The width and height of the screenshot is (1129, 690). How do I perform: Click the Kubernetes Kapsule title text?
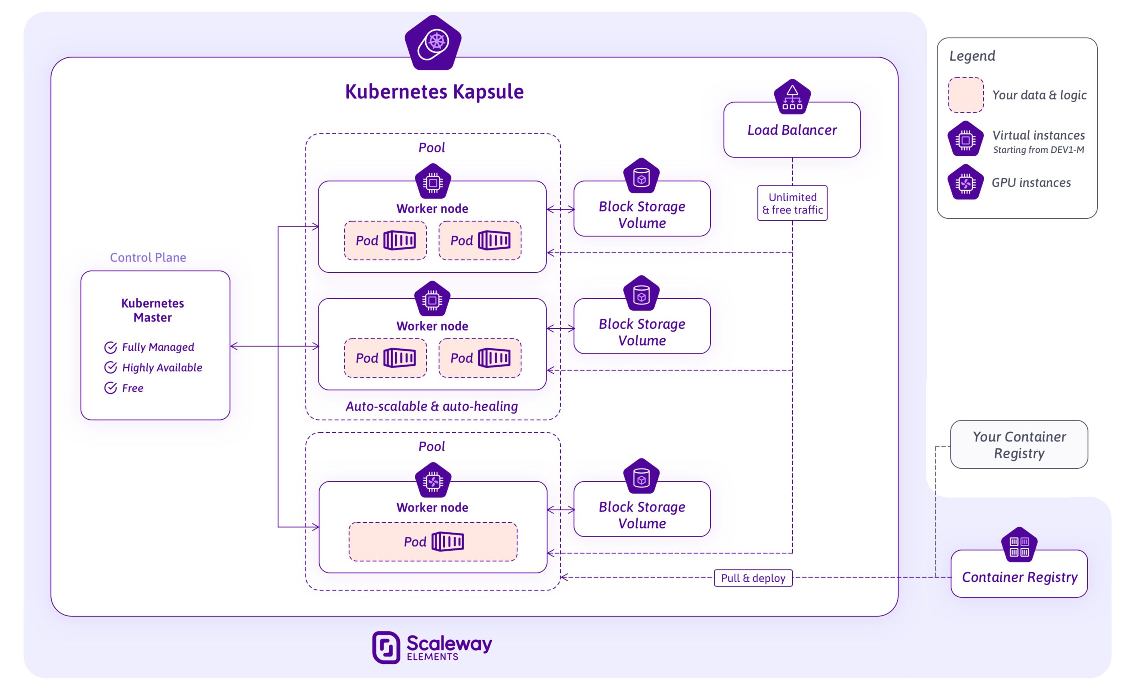(x=434, y=92)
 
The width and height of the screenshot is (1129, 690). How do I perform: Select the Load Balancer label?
(x=792, y=130)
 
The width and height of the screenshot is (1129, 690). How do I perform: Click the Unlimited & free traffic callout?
(x=792, y=203)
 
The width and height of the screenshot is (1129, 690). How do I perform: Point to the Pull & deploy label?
(x=753, y=578)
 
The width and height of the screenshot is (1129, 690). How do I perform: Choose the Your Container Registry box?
(x=1019, y=445)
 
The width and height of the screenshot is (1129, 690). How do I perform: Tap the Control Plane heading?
(x=148, y=257)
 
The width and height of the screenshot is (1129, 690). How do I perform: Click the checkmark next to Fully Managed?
(x=110, y=347)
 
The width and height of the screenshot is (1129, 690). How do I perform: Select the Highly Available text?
(x=162, y=367)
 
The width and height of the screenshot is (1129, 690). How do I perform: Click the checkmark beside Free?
(x=110, y=388)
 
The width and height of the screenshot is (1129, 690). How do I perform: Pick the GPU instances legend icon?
(x=965, y=183)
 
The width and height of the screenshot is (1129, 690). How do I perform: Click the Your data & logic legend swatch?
(x=965, y=95)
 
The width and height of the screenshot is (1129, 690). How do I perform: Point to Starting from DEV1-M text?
(x=1038, y=150)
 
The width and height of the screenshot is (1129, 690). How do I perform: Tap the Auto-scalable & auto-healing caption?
(x=432, y=407)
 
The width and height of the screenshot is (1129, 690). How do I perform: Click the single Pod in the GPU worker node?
(x=433, y=542)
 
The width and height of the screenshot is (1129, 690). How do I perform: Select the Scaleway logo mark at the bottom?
(x=386, y=647)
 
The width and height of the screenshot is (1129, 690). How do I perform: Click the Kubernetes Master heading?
(x=153, y=310)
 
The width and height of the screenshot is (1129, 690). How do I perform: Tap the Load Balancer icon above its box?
(x=792, y=97)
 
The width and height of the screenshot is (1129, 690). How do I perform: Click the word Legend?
(x=972, y=56)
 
